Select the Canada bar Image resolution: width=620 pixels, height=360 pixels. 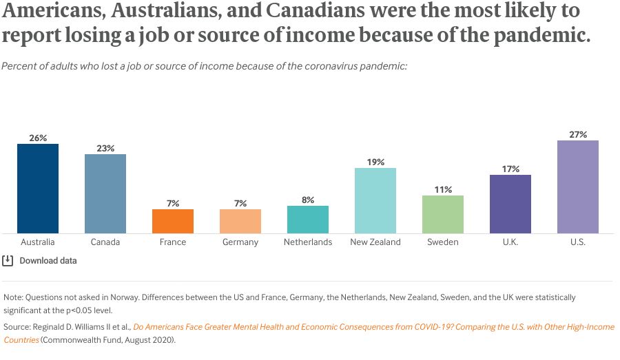point(105,193)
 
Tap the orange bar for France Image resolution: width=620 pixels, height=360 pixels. point(173,221)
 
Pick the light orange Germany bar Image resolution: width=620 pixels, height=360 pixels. point(240,221)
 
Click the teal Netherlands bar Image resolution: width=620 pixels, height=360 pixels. point(308,219)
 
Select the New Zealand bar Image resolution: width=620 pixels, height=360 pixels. point(375,200)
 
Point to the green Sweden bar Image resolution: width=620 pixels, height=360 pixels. point(443,214)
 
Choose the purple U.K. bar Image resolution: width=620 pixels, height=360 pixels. point(510,204)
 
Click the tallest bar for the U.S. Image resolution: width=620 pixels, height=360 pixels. point(578,187)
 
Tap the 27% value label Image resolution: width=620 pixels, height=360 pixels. point(578,135)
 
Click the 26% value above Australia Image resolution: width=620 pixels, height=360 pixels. point(38,138)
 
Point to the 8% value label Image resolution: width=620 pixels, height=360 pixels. point(308,200)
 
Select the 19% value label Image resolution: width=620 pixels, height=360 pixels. point(375,162)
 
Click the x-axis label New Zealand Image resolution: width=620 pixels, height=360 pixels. point(375,242)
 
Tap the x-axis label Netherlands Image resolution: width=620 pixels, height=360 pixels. point(308,242)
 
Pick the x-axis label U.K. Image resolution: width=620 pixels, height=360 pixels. point(510,242)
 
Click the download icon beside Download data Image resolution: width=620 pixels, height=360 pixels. point(8,261)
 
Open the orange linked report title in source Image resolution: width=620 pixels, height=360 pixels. point(372,327)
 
